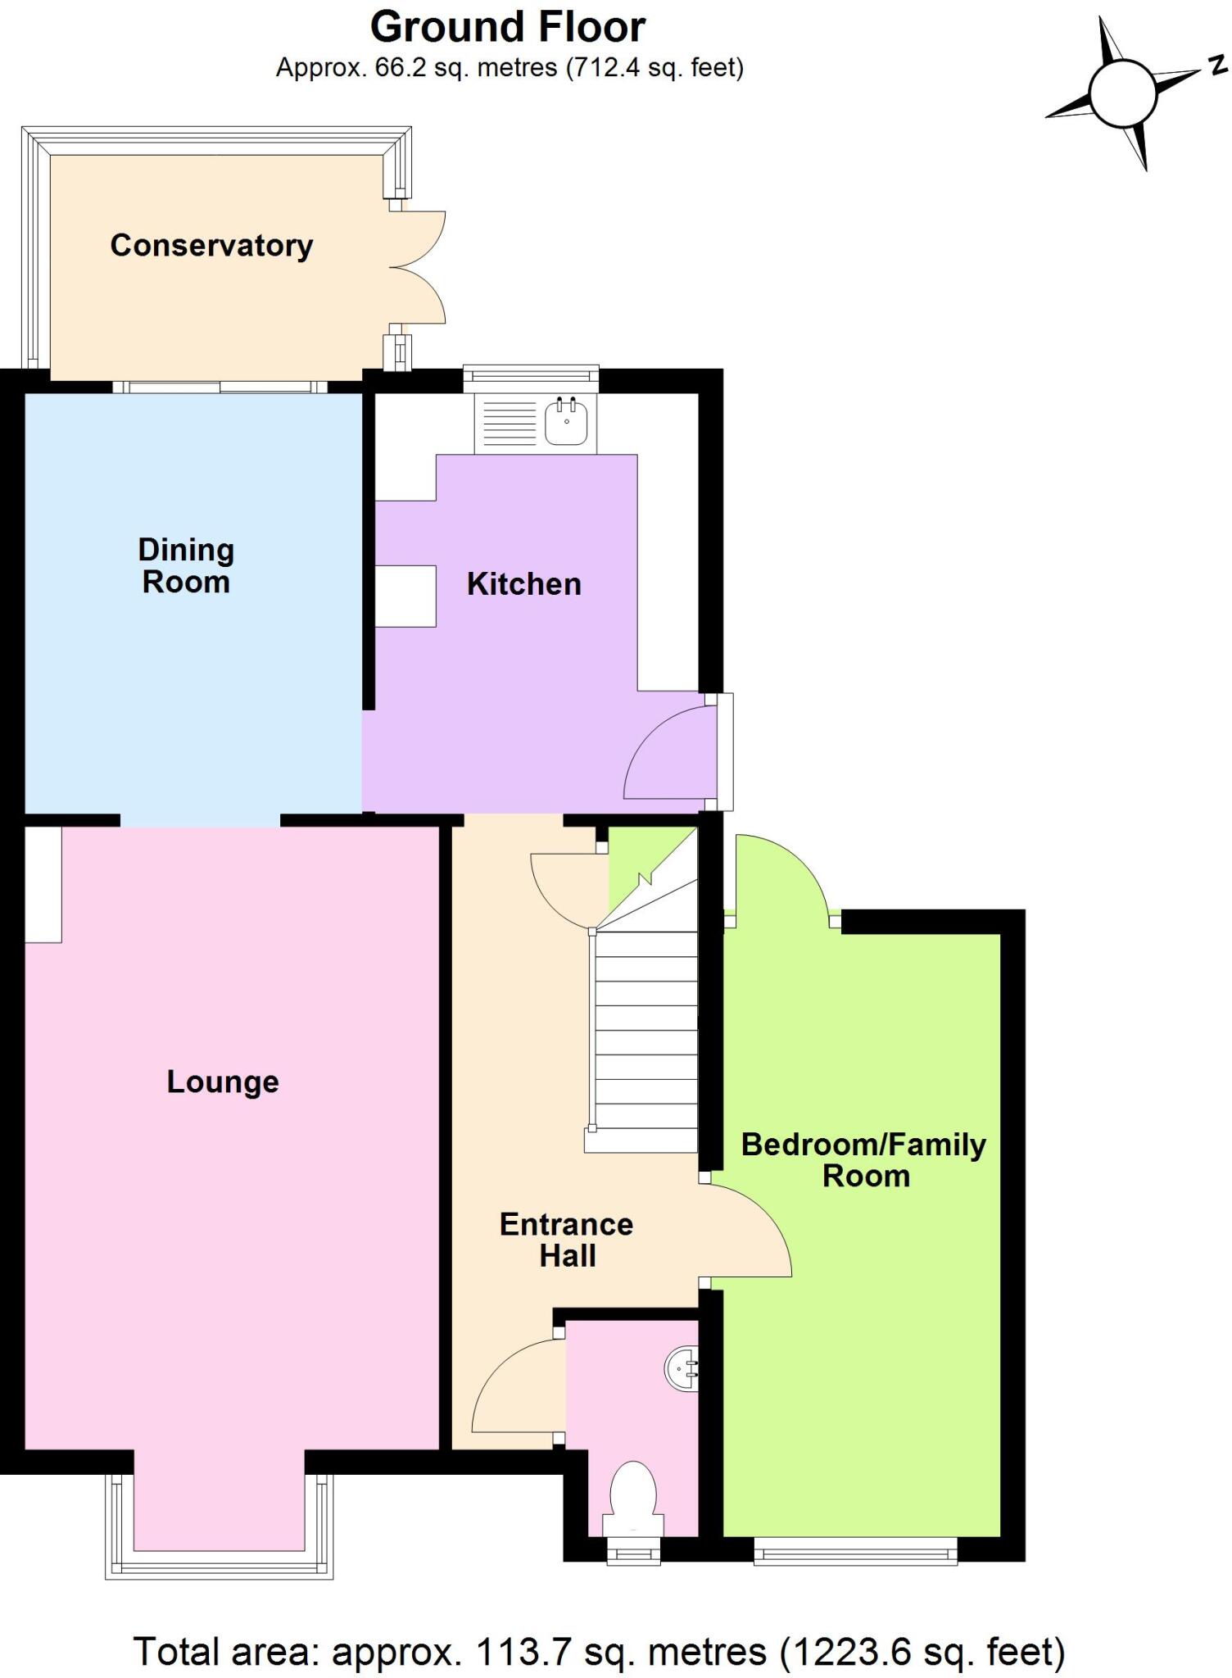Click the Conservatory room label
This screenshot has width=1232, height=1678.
tap(211, 246)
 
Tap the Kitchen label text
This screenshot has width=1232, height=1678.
tap(524, 584)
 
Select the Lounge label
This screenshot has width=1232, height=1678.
tap(223, 1082)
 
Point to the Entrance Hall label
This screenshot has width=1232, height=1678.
tap(567, 1240)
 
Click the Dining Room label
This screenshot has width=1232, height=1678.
tap(186, 565)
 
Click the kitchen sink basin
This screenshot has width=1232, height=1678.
tap(566, 421)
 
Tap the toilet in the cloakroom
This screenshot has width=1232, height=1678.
tap(633, 1490)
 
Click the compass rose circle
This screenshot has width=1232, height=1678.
tap(1122, 93)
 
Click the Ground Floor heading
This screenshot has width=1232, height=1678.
tap(508, 27)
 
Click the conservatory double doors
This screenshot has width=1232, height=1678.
tap(418, 267)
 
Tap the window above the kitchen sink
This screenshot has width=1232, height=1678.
tap(531, 376)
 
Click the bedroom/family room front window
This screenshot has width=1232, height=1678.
tap(855, 1550)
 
